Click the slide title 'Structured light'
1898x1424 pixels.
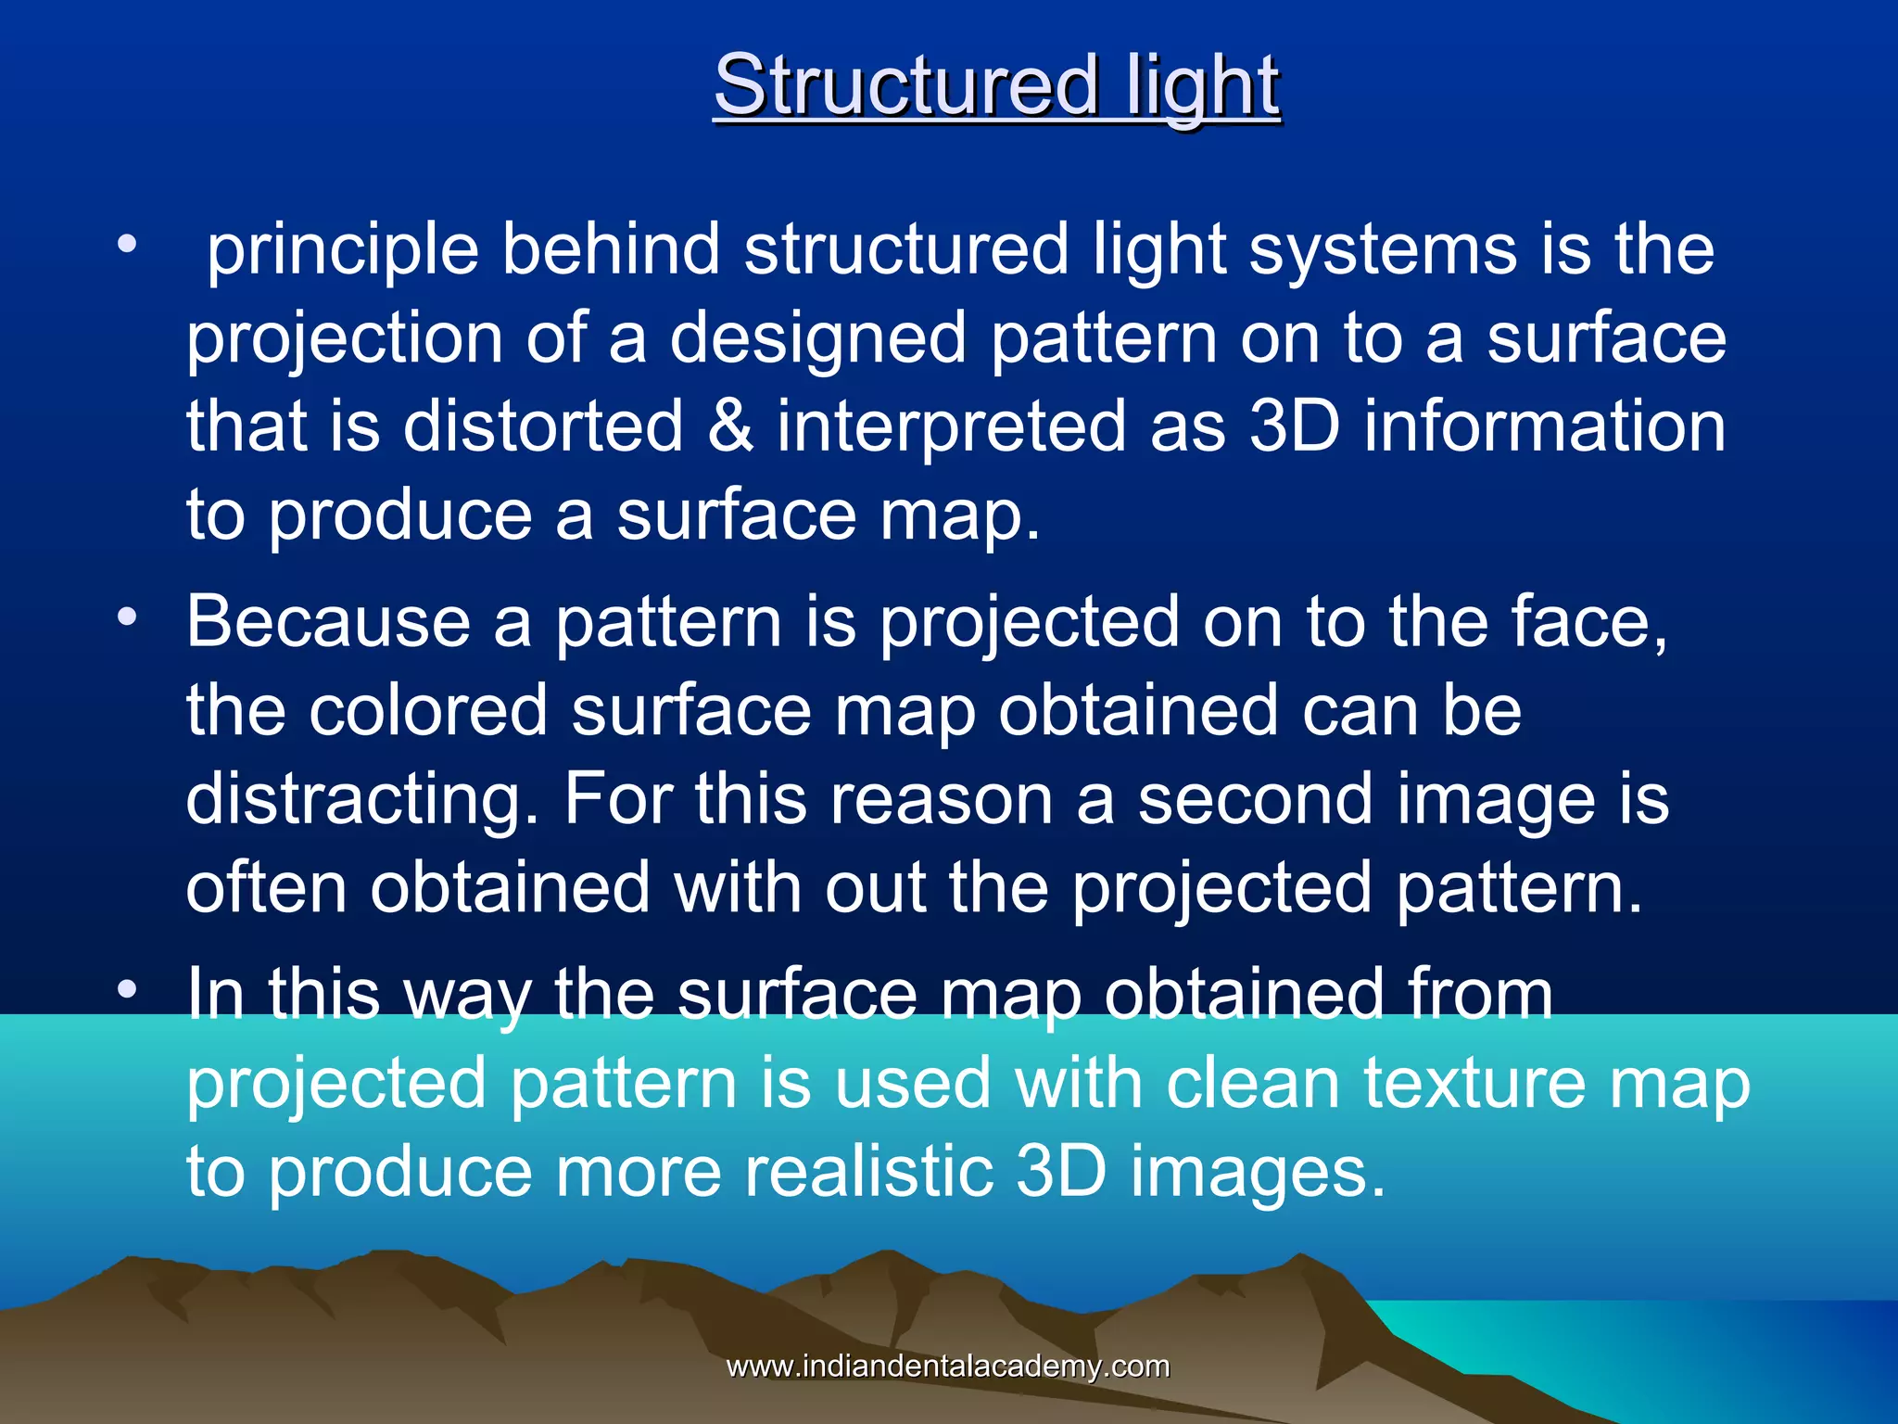[996, 85]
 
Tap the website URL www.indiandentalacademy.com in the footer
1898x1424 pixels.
[947, 1366]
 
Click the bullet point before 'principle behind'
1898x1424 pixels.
[127, 245]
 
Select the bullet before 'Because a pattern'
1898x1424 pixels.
[127, 617]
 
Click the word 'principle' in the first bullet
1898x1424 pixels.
[342, 250]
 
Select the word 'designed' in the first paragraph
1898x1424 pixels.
[818, 337]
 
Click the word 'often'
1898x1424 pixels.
[266, 887]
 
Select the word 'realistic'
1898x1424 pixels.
[868, 1171]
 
